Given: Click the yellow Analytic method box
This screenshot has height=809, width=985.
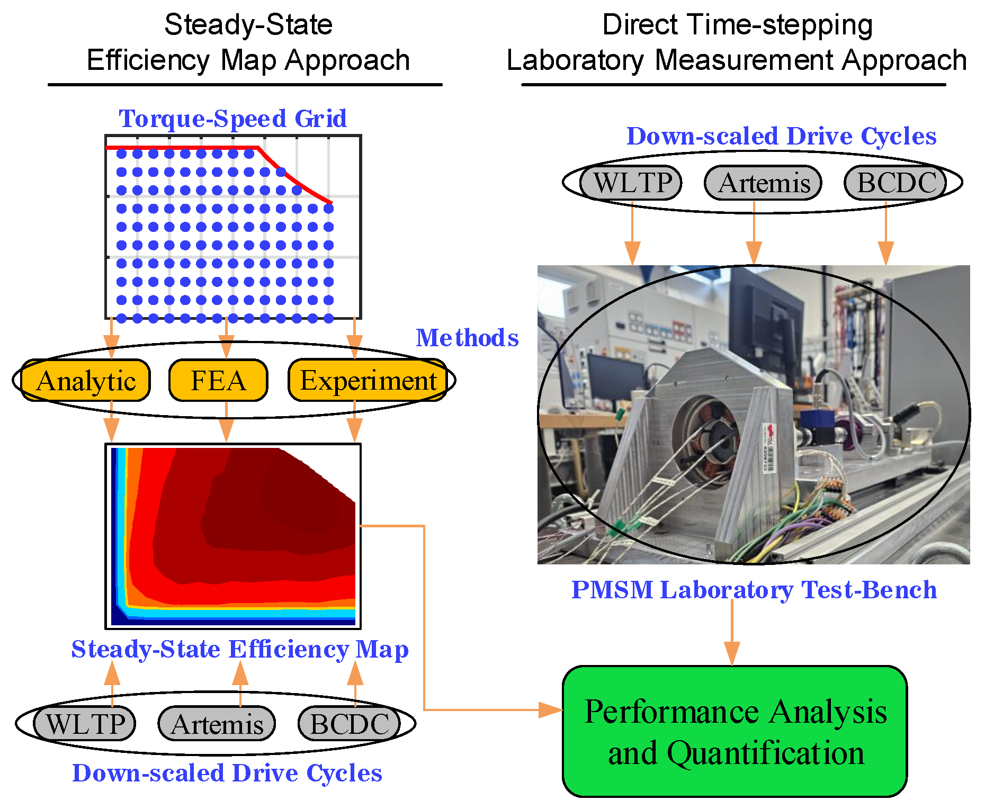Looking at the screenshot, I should (86, 380).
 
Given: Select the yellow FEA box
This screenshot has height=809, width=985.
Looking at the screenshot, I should (218, 380).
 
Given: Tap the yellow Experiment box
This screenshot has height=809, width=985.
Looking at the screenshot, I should (368, 380).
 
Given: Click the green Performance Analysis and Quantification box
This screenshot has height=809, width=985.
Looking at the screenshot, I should (735, 731).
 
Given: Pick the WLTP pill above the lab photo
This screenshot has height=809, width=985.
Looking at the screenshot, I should (631, 183).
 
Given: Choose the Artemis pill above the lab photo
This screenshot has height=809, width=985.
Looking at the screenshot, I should (763, 183).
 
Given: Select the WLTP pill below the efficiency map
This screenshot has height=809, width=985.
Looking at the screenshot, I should (85, 724).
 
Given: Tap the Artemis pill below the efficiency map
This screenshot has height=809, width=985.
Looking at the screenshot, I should (217, 724).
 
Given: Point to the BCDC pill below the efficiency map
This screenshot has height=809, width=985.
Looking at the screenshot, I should (349, 724).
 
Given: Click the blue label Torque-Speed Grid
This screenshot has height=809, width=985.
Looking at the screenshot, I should (232, 118).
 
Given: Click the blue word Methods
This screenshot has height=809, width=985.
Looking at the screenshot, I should (467, 338).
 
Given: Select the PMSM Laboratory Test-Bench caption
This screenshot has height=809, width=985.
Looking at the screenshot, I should (754, 589).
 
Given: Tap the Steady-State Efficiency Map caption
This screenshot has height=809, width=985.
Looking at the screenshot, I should (240, 649).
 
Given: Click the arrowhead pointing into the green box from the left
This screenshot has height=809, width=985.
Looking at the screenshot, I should (551, 710).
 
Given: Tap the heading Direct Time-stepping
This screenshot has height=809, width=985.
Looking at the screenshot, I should (737, 25).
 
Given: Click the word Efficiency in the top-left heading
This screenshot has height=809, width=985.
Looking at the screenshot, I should (148, 60).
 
